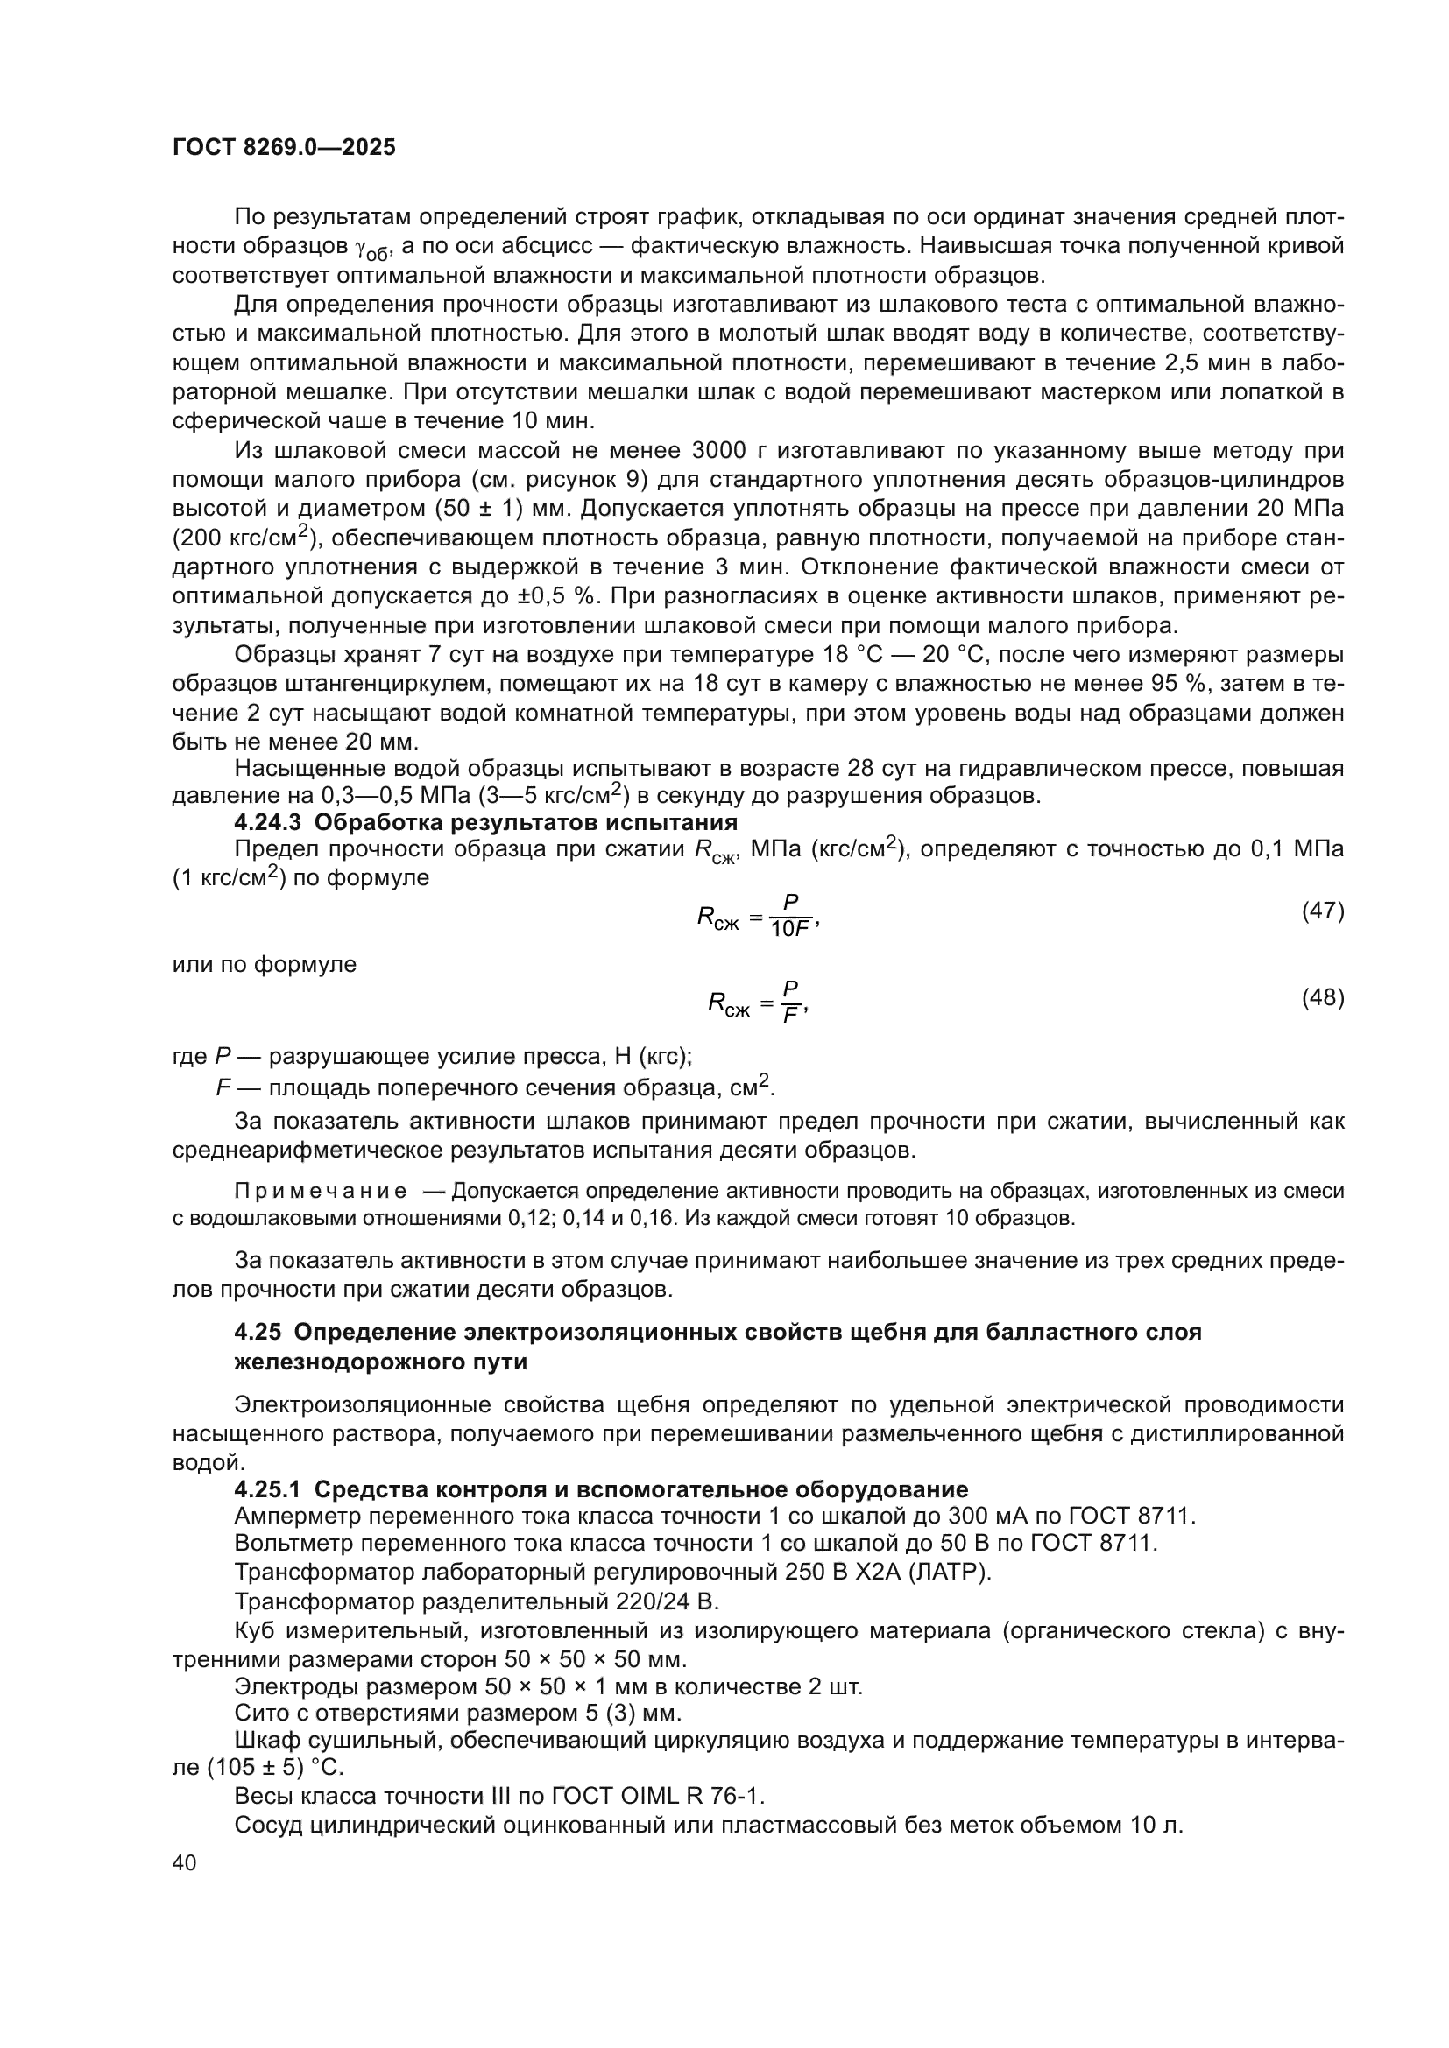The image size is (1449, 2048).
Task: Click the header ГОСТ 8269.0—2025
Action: (x=284, y=148)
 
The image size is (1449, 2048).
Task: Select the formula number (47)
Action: (x=1322, y=911)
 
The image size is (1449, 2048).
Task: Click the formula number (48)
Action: (x=1322, y=997)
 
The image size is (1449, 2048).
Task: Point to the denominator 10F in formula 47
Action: (x=789, y=930)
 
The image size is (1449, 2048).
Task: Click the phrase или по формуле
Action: (x=264, y=964)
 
